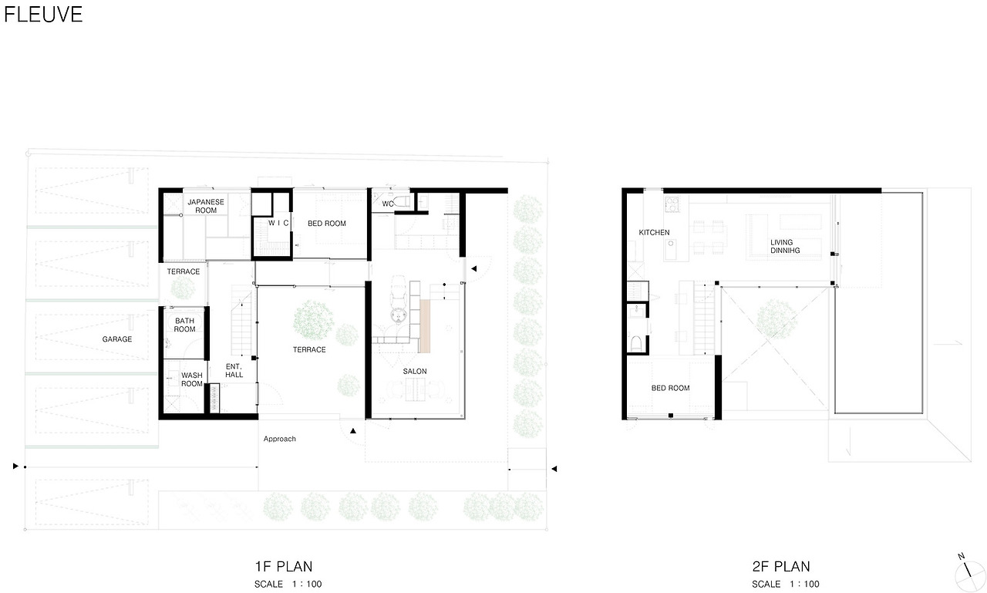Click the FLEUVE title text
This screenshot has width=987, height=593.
[x=43, y=15]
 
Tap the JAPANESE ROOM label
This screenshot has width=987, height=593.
[x=206, y=206]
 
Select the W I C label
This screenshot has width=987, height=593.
[x=278, y=223]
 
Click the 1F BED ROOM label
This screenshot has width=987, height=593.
[x=326, y=224]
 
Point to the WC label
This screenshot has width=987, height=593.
[x=388, y=204]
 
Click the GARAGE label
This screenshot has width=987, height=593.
[x=116, y=339]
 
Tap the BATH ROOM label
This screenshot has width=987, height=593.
[x=184, y=325]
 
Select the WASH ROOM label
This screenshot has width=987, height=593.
[x=192, y=379]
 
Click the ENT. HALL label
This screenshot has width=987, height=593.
[x=234, y=370]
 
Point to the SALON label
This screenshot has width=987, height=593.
[x=415, y=372]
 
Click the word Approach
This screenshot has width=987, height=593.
[x=279, y=439]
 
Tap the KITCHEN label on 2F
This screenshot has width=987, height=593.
[x=654, y=233]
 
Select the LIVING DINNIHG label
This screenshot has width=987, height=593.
[x=785, y=246]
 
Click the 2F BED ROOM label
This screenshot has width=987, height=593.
[x=670, y=388]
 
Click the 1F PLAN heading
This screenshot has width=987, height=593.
[x=283, y=566]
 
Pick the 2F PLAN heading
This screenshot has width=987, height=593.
[x=781, y=566]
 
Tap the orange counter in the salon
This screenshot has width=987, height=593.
[x=424, y=326]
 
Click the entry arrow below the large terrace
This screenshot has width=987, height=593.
[x=353, y=431]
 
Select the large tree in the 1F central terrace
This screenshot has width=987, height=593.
[x=314, y=320]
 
